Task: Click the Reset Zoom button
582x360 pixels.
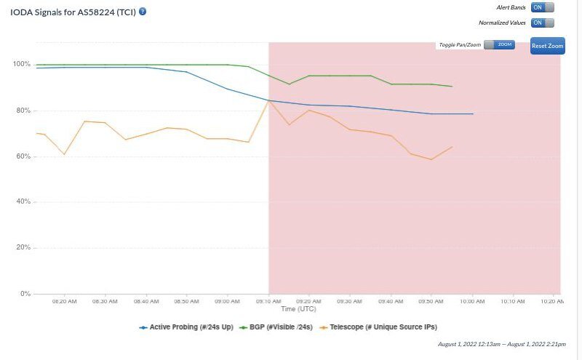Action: pyautogui.click(x=547, y=46)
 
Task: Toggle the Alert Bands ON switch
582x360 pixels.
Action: pyautogui.click(x=542, y=7)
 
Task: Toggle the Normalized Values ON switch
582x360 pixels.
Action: pyautogui.click(x=542, y=23)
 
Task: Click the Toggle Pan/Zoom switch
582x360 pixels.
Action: pyautogui.click(x=499, y=45)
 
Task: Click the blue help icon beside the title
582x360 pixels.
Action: pyautogui.click(x=143, y=12)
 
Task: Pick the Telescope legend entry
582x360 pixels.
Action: pyautogui.click(x=383, y=327)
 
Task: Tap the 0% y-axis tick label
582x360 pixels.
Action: pyautogui.click(x=25, y=294)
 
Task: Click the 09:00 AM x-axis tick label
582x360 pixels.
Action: pyautogui.click(x=228, y=300)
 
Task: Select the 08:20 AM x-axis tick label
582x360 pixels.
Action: pyautogui.click(x=64, y=300)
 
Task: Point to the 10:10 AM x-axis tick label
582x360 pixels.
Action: pyautogui.click(x=514, y=300)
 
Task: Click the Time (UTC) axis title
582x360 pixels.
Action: pyautogui.click(x=299, y=309)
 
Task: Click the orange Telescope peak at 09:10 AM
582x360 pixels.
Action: pyautogui.click(x=269, y=101)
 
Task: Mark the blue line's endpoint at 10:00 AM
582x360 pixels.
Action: pyautogui.click(x=473, y=114)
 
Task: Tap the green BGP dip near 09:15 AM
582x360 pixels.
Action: pyautogui.click(x=289, y=84)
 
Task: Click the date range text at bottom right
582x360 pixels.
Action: pyautogui.click(x=502, y=344)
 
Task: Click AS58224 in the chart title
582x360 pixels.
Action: pyautogui.click(x=100, y=12)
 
